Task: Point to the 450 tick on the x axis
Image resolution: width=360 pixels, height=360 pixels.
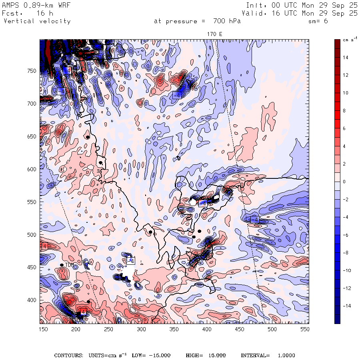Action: [x=239, y=329]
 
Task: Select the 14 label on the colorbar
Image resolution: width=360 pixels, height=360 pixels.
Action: [x=345, y=57]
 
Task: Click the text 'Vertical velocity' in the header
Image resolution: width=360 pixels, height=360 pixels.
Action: [x=37, y=21]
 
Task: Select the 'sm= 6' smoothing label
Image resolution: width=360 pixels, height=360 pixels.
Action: [x=318, y=21]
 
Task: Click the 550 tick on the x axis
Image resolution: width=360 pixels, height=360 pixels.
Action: [x=305, y=329]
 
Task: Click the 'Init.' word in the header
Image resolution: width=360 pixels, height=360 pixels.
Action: [x=254, y=5]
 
